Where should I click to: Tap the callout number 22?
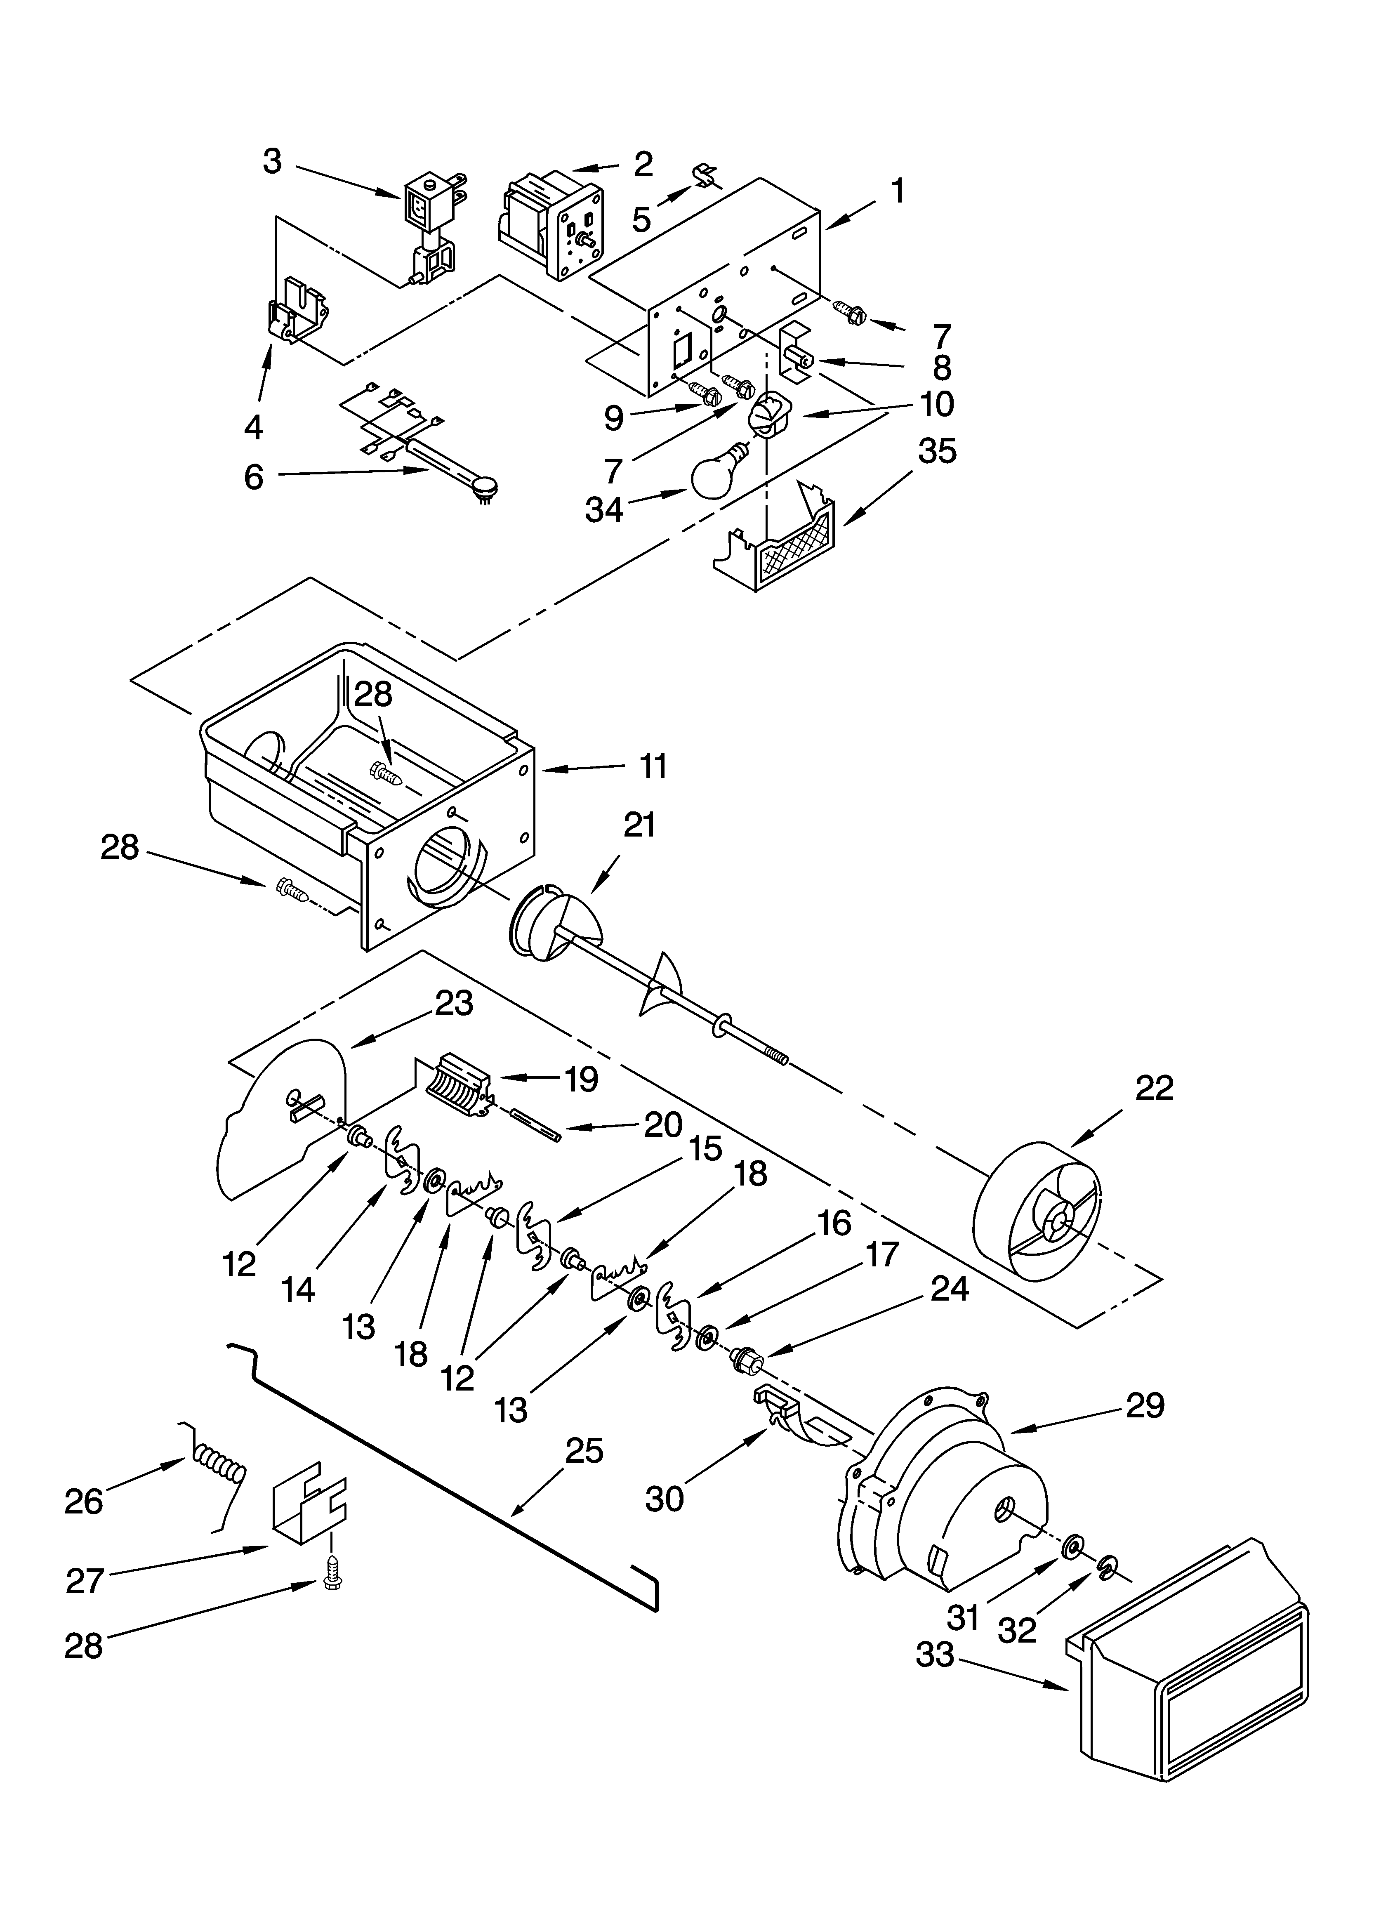[x=1154, y=1089]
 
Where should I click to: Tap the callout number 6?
[x=254, y=477]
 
